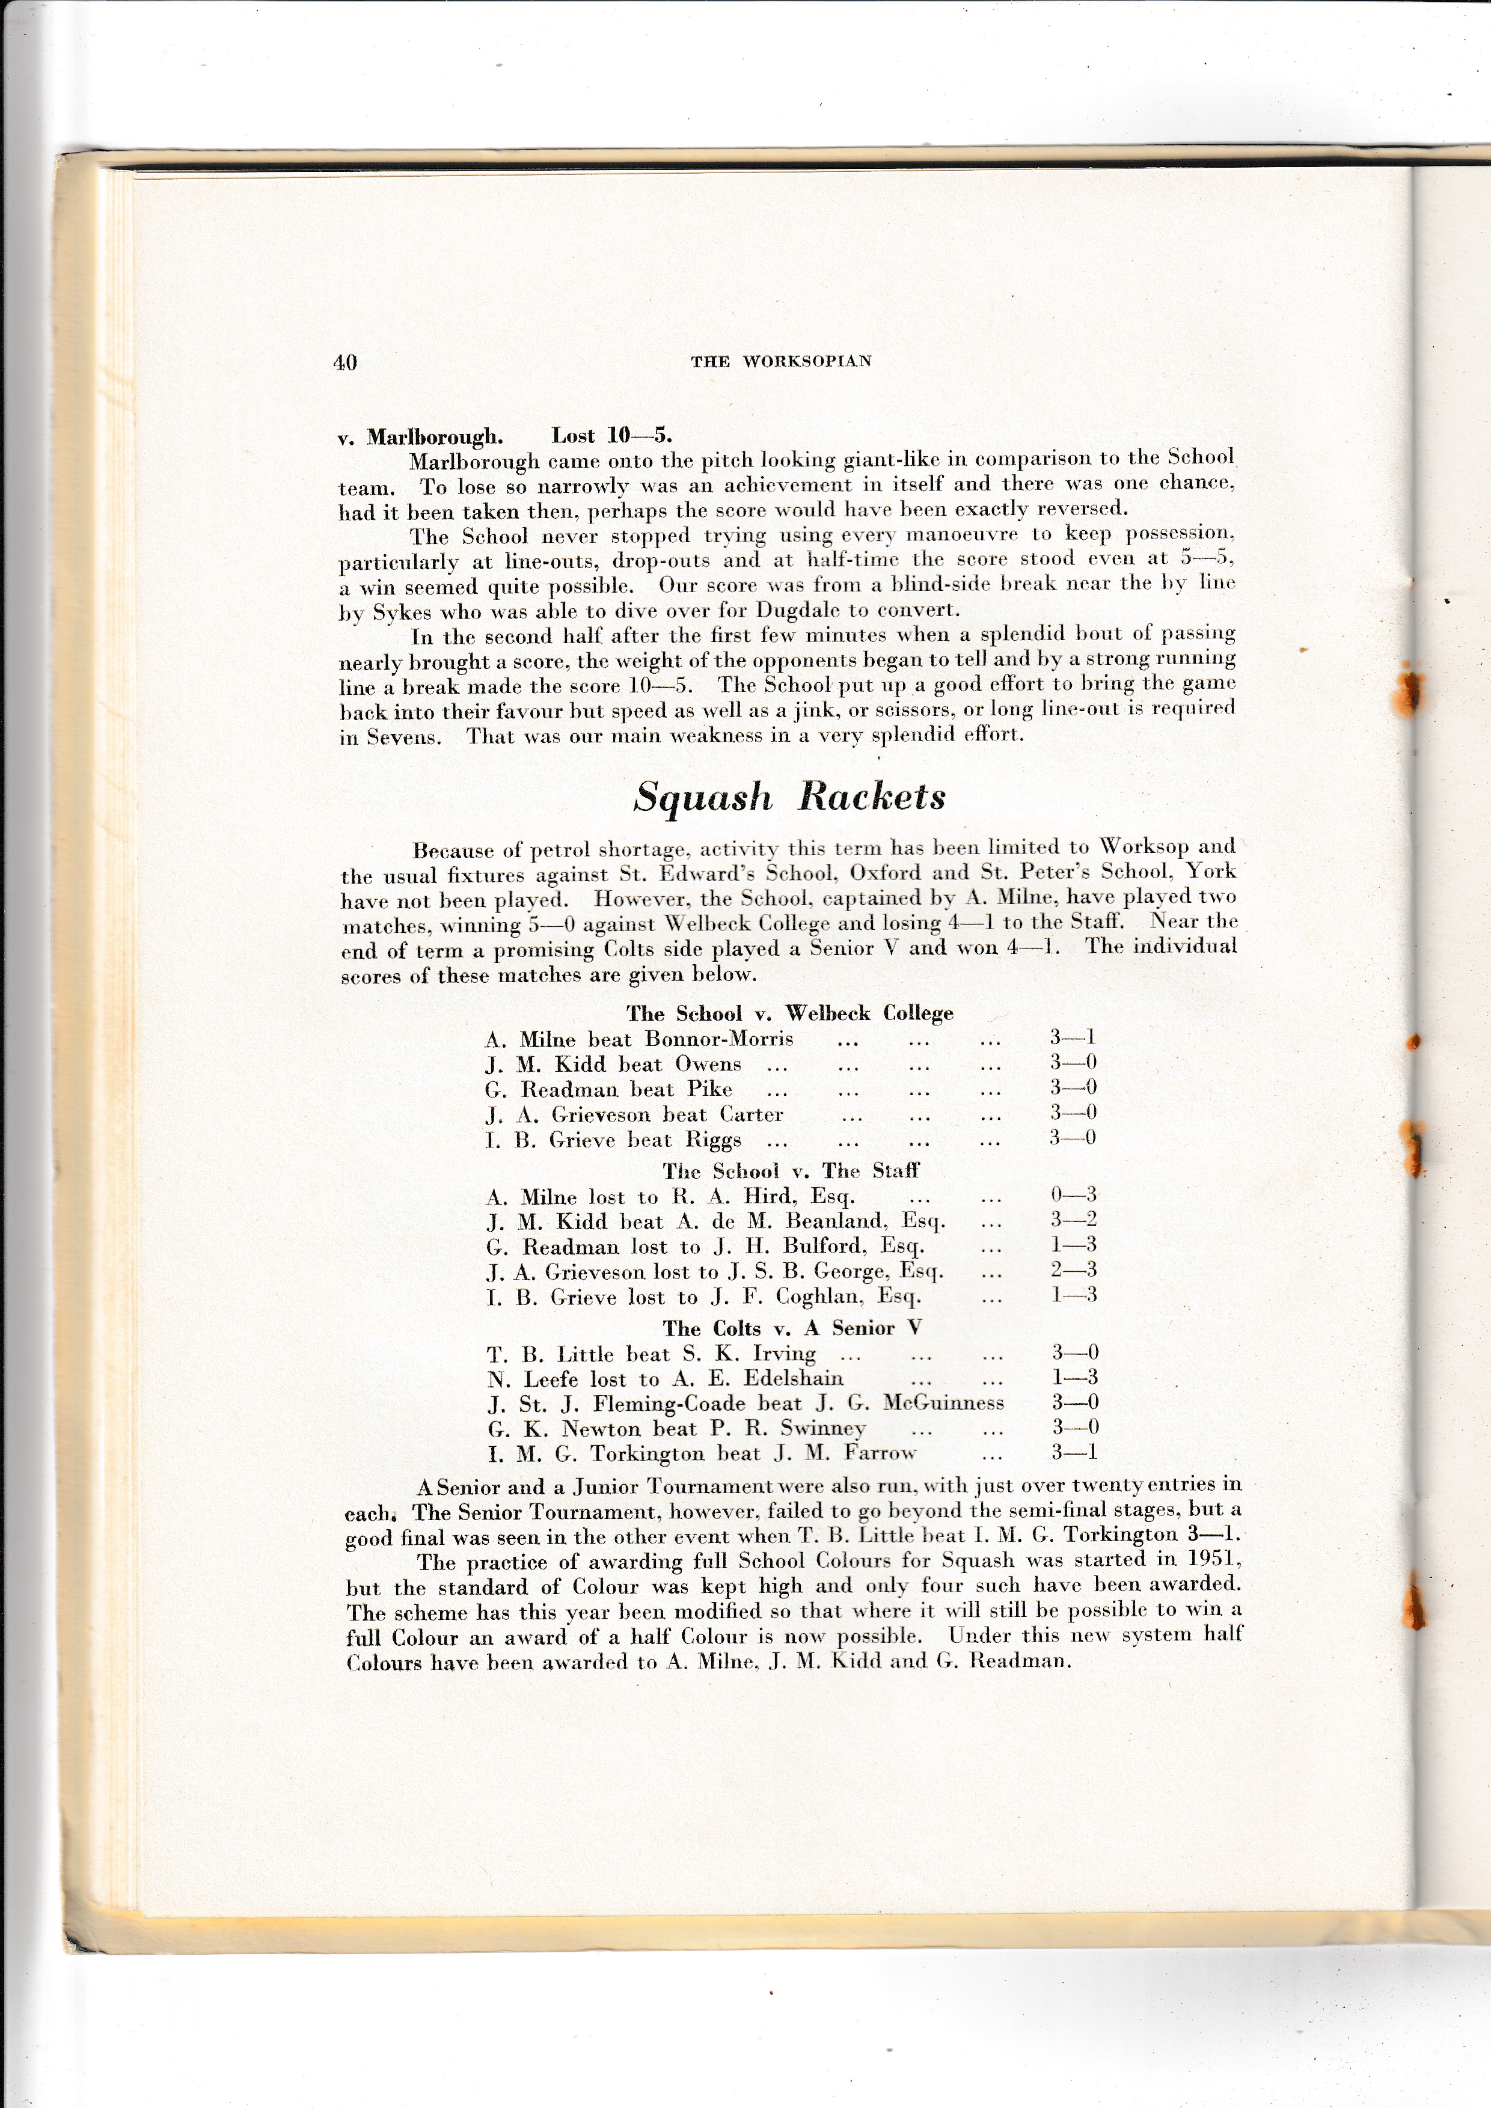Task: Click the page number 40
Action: click(345, 362)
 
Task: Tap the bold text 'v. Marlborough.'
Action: click(420, 436)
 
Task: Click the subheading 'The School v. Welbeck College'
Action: click(789, 1013)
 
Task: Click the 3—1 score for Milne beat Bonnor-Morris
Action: click(1073, 1039)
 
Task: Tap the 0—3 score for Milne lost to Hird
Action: click(1073, 1196)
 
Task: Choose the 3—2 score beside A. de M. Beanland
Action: click(1073, 1220)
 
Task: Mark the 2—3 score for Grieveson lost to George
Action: click(1073, 1271)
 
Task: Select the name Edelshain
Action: click(793, 1379)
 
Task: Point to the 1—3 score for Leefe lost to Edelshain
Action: click(1073, 1378)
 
